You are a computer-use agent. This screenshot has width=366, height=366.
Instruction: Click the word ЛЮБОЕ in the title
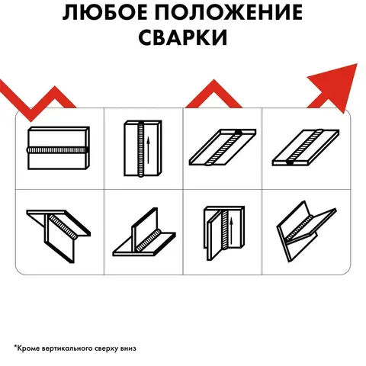(x=105, y=12)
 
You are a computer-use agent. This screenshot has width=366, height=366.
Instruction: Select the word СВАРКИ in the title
(x=183, y=37)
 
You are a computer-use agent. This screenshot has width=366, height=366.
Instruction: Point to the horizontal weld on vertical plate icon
(x=59, y=148)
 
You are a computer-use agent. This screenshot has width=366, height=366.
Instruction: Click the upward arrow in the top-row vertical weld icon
(x=148, y=150)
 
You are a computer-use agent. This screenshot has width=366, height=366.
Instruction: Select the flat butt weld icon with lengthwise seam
(x=223, y=147)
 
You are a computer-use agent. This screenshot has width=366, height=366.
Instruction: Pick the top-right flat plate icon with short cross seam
(x=306, y=148)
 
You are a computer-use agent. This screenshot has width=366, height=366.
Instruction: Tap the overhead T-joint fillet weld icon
(x=59, y=236)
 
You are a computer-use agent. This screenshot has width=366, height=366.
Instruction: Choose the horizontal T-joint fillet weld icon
(x=144, y=232)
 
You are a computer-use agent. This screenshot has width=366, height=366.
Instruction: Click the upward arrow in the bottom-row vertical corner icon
(x=231, y=230)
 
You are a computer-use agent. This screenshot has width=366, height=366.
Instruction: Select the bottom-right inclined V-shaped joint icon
(x=307, y=231)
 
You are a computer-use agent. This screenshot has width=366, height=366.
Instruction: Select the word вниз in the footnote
(x=128, y=348)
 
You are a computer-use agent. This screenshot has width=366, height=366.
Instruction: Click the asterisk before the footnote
(x=15, y=346)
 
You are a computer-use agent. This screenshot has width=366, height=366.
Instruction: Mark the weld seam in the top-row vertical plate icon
(x=141, y=149)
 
